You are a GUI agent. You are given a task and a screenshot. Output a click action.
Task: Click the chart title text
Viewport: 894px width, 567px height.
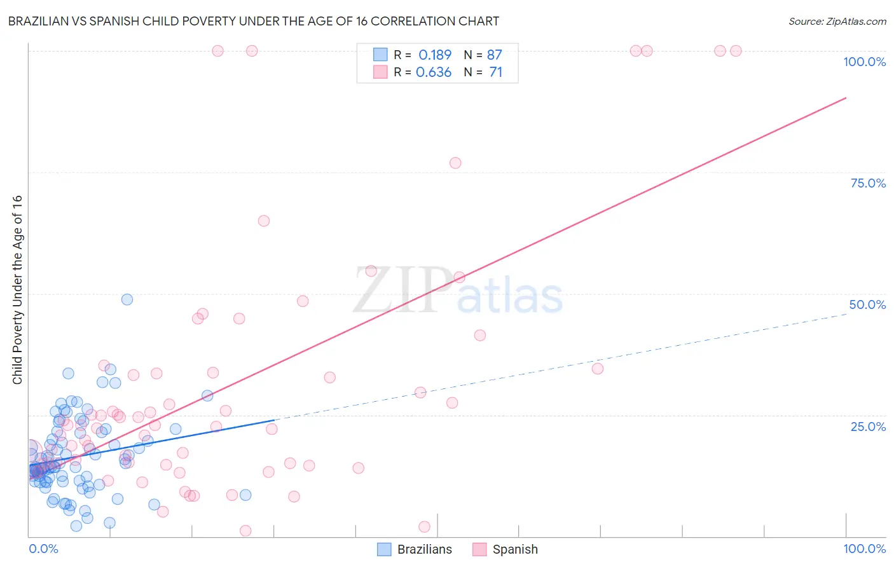(254, 21)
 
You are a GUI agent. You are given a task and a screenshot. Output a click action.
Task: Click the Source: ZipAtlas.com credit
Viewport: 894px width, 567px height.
(837, 21)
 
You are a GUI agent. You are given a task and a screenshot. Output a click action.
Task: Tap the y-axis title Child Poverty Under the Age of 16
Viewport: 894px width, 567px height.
(17, 289)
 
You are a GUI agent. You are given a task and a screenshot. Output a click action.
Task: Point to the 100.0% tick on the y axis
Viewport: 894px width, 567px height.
(864, 62)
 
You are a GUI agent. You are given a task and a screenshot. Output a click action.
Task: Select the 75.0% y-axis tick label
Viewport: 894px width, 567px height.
(868, 183)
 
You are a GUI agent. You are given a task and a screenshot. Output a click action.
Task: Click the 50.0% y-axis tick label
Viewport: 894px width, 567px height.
(867, 304)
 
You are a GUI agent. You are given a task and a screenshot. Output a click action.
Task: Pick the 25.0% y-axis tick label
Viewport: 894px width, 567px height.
(868, 426)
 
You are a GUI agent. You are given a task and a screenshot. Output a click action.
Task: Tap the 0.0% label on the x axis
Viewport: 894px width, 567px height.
(43, 549)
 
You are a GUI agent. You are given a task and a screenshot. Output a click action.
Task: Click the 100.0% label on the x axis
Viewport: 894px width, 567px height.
(864, 549)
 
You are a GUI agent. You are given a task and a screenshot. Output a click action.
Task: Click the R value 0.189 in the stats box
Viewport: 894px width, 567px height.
(435, 55)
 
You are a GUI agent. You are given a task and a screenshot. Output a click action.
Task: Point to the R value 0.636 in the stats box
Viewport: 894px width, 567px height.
(434, 72)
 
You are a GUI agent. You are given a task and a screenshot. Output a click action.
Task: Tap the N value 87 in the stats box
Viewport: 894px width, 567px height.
(494, 55)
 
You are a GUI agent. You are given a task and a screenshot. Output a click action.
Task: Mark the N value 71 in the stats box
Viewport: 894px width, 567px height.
(495, 72)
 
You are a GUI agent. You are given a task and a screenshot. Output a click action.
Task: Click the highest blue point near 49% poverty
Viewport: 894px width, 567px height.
(127, 299)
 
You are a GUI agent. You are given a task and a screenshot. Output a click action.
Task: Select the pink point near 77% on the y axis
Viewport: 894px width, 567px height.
(455, 163)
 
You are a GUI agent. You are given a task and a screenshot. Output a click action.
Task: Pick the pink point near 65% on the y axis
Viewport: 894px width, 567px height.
(264, 221)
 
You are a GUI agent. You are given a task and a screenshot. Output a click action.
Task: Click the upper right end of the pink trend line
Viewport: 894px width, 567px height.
(846, 98)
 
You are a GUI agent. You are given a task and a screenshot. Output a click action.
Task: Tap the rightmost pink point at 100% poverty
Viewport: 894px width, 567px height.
(736, 51)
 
